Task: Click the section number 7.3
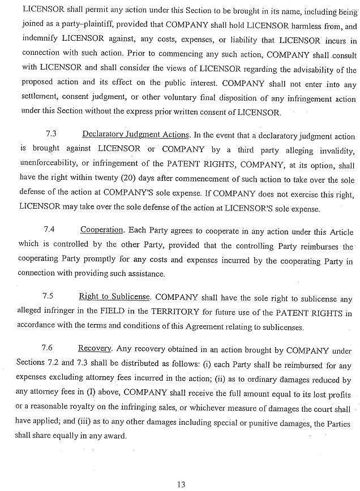50,136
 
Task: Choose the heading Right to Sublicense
114,296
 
